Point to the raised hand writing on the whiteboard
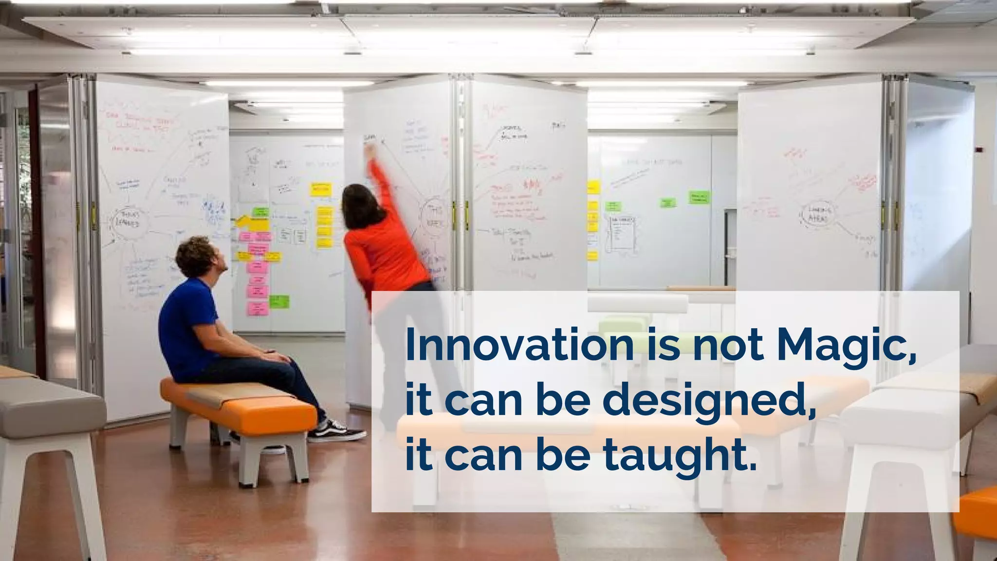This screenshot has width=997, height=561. point(370,151)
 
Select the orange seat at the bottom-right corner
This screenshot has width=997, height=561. point(976,516)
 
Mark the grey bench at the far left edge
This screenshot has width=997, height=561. point(49,404)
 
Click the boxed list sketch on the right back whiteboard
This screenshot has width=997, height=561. point(623,234)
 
